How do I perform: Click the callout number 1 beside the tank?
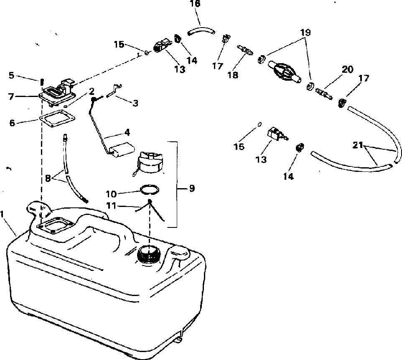3,214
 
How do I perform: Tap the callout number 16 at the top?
195,4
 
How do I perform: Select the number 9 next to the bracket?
192,189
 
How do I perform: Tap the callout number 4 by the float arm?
127,132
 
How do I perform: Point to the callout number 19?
305,32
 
